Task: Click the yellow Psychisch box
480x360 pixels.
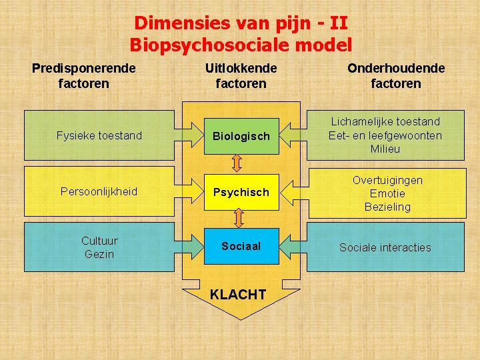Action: coord(241,192)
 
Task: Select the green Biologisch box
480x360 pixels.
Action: coord(241,136)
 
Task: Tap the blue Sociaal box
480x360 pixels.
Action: coord(241,246)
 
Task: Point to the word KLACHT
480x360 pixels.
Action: coord(238,295)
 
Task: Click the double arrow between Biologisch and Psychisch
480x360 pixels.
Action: coord(238,163)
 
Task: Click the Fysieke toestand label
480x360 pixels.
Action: coord(99,135)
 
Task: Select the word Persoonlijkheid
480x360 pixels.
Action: coord(99,191)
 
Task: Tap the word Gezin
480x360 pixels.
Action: coord(99,254)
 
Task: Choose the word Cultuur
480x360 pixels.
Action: coord(99,241)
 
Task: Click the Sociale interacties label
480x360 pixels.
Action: coord(385,247)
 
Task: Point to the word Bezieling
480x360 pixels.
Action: coord(387,207)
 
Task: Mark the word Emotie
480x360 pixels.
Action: coord(387,193)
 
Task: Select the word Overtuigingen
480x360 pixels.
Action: coord(387,180)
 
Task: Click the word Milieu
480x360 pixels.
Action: coord(385,149)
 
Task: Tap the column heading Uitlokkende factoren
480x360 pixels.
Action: coord(241,76)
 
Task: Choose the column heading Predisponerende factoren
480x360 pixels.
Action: coord(84,76)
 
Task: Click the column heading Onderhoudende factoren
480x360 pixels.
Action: coord(396,76)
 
